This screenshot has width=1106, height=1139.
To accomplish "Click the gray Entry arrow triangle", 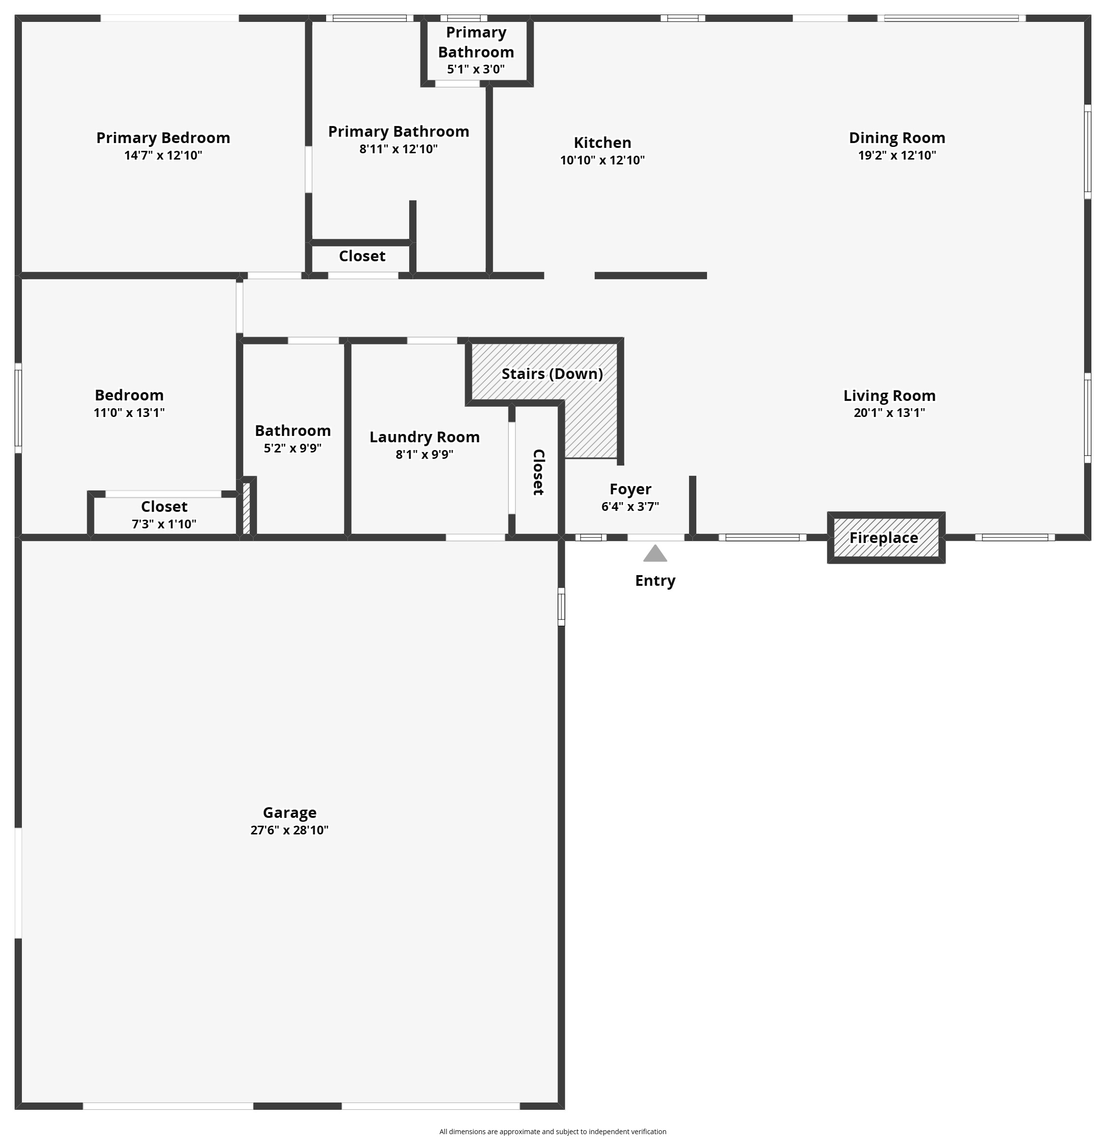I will [654, 554].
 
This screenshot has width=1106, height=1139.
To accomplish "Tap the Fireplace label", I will [884, 538].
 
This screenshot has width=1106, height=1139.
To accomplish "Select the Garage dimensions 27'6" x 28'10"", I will [289, 830].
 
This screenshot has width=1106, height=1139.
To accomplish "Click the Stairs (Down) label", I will [552, 374].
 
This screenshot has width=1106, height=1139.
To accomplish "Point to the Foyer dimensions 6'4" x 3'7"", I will [630, 506].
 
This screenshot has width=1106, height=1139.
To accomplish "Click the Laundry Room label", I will [424, 437].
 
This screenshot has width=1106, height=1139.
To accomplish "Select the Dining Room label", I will [897, 138].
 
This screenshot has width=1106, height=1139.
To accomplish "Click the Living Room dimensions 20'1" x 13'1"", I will [888, 413].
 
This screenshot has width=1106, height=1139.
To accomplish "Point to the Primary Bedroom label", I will [163, 138].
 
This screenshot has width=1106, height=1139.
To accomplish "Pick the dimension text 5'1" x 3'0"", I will [475, 69].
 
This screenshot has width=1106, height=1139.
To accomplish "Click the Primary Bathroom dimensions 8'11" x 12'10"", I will [398, 149].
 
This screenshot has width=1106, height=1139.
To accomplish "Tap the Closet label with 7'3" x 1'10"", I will [164, 507].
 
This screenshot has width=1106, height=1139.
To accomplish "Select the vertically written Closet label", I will [538, 472].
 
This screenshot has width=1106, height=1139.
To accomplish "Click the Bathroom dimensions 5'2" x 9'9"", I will [292, 448].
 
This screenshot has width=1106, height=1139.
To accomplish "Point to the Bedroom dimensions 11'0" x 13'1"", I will [129, 413].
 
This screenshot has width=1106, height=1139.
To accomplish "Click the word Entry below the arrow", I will [655, 580].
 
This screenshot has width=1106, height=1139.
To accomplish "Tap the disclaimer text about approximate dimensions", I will [552, 1131].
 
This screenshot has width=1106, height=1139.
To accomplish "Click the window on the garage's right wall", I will [561, 606].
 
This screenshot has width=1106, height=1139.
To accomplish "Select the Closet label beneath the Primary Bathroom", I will [362, 256].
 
